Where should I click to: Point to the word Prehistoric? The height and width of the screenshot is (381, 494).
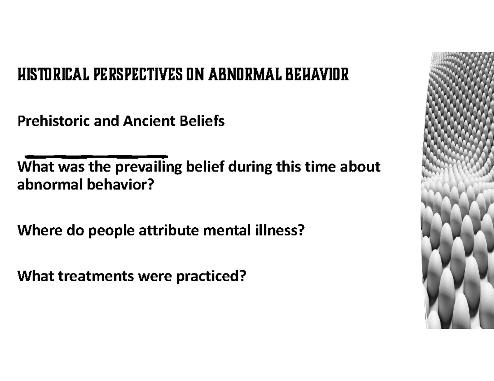[x=54, y=121]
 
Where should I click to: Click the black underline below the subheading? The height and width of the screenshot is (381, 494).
[x=96, y=156]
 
